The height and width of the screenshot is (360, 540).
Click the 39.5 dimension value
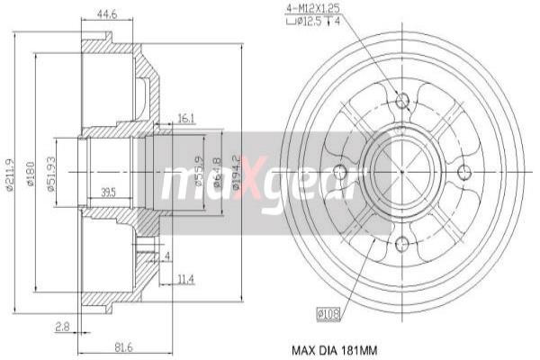108,192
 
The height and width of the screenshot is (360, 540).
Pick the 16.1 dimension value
186,117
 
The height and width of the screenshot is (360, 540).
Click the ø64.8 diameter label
219,170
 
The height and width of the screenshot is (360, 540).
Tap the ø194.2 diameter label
238,170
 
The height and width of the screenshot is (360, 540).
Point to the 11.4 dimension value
185,279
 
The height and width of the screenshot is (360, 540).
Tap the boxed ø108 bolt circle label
328,314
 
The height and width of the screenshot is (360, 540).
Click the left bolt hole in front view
340,172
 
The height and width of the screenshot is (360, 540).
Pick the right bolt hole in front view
464,172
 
